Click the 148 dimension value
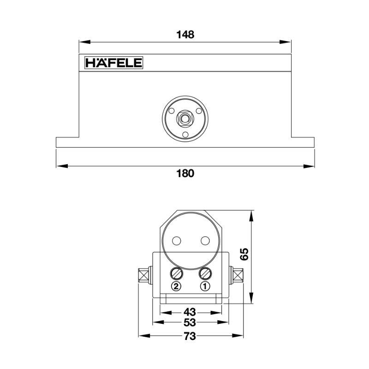(x=185, y=35)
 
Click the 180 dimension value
(x=185, y=173)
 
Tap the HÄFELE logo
(x=113, y=63)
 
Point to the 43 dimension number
(x=190, y=311)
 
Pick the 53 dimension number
(x=190, y=322)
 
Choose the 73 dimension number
(x=190, y=336)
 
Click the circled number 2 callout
(x=176, y=286)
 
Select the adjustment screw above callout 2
(x=176, y=274)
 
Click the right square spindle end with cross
(x=238, y=275)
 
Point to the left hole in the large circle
(x=176, y=240)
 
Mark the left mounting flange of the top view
(x=67, y=142)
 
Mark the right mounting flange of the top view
(x=303, y=142)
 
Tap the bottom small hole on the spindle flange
(x=185, y=135)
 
